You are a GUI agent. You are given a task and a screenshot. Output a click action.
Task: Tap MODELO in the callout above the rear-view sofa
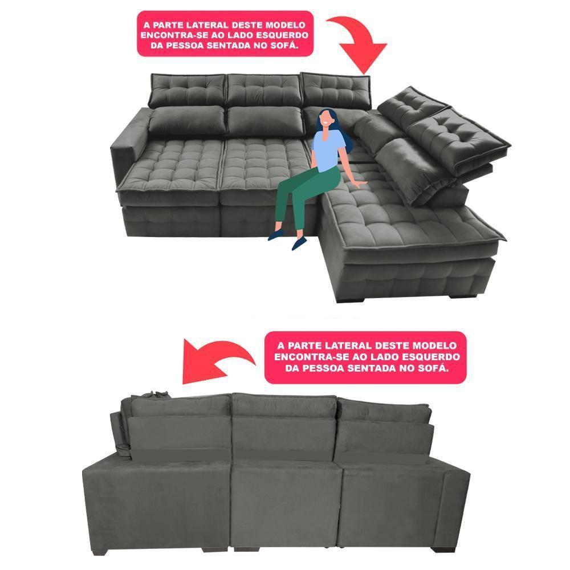435,346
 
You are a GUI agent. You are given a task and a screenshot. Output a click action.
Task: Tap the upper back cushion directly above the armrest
188,89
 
